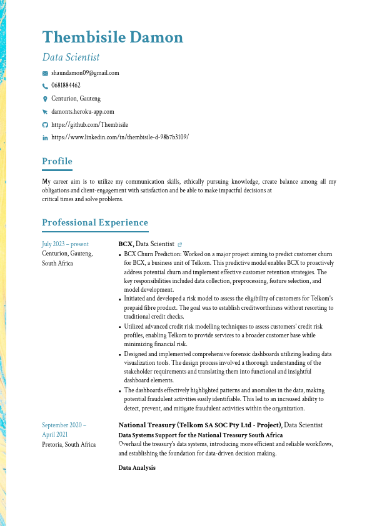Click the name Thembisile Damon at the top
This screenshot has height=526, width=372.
click(x=113, y=37)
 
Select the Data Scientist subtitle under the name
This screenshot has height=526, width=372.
click(x=71, y=57)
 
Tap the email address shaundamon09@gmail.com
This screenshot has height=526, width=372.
click(x=85, y=73)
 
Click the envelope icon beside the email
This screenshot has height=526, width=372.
click(x=45, y=73)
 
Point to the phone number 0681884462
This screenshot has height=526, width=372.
click(x=66, y=86)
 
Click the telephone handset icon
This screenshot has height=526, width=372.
click(x=45, y=86)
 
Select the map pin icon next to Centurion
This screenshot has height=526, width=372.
click(x=45, y=99)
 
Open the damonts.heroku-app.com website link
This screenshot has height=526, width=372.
click(x=83, y=111)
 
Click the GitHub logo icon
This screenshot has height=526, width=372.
click(x=45, y=124)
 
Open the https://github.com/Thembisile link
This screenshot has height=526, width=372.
click(x=89, y=124)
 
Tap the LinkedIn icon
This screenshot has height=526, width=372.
click(x=45, y=137)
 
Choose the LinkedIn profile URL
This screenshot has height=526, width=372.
click(x=119, y=137)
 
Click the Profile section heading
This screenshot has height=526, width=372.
click(x=57, y=162)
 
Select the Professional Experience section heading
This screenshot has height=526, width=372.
click(x=95, y=223)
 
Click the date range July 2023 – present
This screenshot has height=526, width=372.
click(x=65, y=244)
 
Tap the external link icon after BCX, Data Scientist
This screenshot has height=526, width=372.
click(x=180, y=244)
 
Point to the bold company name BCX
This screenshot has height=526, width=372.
click(x=125, y=244)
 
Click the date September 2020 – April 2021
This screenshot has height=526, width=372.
click(x=64, y=430)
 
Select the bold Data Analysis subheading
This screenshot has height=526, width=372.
click(x=137, y=468)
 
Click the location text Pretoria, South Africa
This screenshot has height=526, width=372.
click(x=69, y=445)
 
